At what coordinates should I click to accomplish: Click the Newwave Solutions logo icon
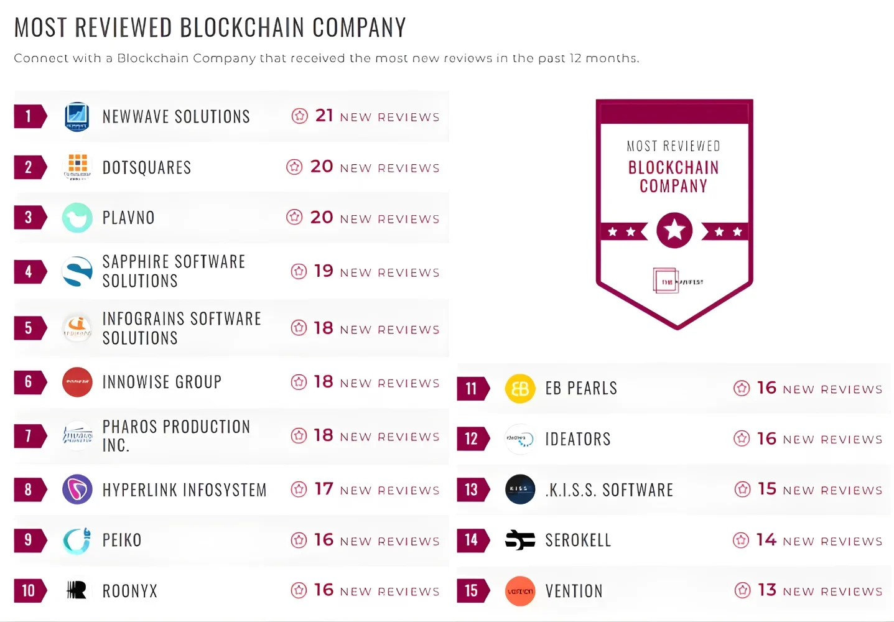[77, 116]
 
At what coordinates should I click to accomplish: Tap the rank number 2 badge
[29, 167]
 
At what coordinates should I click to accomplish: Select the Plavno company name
[128, 218]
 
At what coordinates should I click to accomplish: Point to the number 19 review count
[324, 271]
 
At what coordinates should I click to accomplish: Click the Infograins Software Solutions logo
[77, 328]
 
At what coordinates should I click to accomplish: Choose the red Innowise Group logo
[77, 382]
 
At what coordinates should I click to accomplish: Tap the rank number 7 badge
[29, 436]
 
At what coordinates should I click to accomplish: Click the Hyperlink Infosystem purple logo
[77, 490]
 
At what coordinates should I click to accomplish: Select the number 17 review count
[324, 489]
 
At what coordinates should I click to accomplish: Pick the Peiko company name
[122, 540]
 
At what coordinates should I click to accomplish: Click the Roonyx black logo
[77, 590]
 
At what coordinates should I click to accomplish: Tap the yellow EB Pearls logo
[520, 389]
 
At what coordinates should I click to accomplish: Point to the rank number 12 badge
[472, 439]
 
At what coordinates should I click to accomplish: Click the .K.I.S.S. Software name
[609, 490]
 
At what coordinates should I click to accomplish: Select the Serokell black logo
[520, 540]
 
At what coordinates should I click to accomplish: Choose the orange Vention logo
[520, 591]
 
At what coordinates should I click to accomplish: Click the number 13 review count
[767, 590]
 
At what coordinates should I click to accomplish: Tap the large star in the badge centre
[674, 231]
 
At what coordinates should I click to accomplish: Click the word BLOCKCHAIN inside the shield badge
[673, 167]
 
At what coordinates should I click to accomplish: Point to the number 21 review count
[324, 116]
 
